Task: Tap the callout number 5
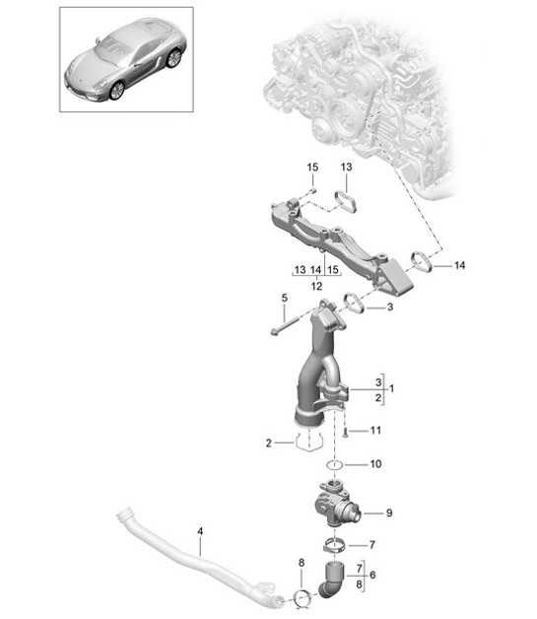pos(284,297)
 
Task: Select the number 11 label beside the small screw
pos(374,431)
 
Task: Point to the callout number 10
pos(374,463)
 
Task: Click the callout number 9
pos(388,512)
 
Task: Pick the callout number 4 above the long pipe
pos(200,532)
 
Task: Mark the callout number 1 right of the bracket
pos(391,388)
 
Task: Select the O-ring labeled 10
pos(333,463)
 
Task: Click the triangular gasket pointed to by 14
pos(419,261)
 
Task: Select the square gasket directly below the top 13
pos(346,200)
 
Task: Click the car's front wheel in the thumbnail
pos(117,90)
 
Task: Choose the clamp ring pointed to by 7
pos(333,544)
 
